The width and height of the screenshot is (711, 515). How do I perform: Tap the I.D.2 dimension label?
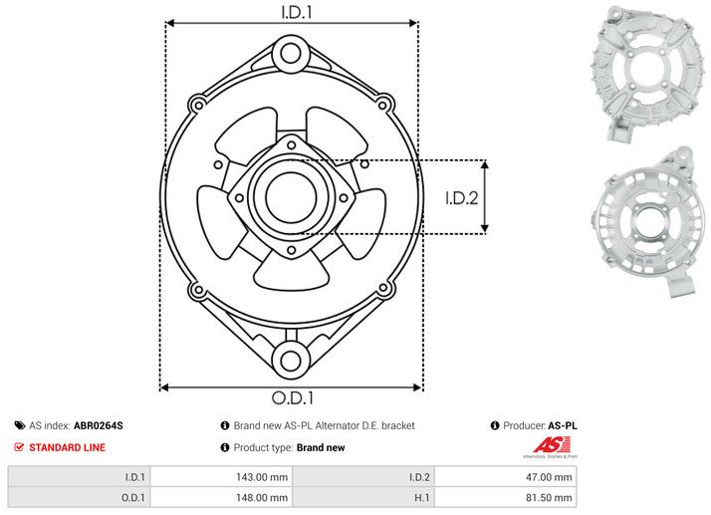click(462, 197)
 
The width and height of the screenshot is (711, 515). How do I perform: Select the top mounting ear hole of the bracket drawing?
click(291, 51)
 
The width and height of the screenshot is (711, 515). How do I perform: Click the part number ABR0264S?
click(99, 425)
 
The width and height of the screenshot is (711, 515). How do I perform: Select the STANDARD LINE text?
click(67, 448)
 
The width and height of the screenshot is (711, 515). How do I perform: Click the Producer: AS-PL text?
click(541, 425)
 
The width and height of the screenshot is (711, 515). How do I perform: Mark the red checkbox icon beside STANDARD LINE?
click(19, 448)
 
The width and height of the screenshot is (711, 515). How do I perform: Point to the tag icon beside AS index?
click(19, 425)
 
